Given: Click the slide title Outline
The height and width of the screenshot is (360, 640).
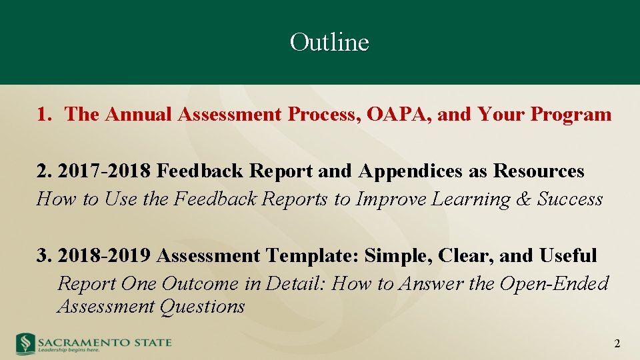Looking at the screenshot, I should click(x=329, y=43).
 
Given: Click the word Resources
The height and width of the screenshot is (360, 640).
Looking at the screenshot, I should click(x=539, y=171).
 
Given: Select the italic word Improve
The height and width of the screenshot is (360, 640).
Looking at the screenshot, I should click(x=391, y=199).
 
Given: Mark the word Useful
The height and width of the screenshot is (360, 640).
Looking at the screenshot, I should click(x=568, y=256).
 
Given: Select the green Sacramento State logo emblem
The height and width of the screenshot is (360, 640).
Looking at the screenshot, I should click(x=25, y=343).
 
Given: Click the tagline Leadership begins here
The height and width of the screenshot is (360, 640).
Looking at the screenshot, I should click(x=69, y=349).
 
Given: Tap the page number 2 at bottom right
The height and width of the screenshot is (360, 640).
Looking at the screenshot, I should click(x=617, y=344).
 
